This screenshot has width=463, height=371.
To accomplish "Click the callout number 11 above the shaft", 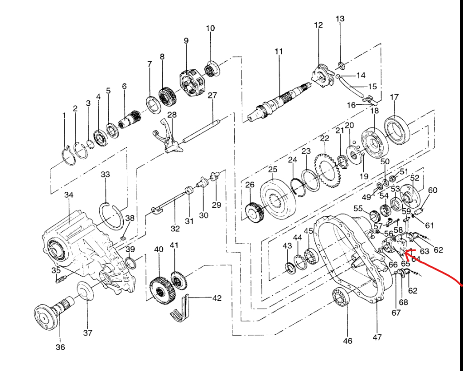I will [278, 52].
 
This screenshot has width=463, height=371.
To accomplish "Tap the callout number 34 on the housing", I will [68, 195].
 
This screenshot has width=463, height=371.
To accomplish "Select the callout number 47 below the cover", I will [377, 337].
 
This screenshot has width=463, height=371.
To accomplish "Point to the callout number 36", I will [60, 347].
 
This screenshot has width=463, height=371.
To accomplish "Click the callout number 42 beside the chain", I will [217, 298].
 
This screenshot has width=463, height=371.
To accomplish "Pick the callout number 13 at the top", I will [340, 19].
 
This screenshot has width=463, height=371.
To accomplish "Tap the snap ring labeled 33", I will [111, 215].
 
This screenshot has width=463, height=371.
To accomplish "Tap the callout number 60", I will [433, 190].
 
